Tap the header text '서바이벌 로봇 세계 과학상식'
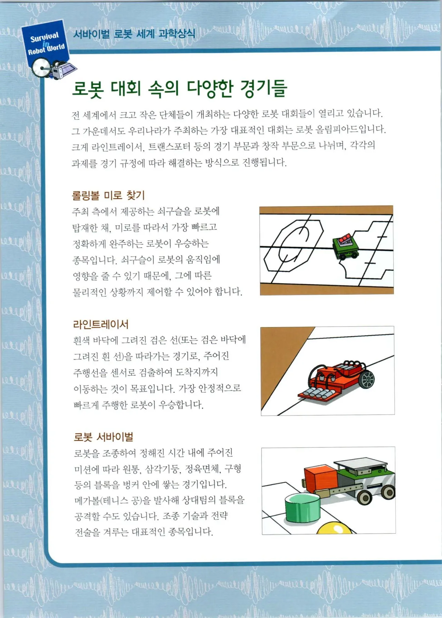click(x=134, y=34)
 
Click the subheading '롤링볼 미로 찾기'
click(x=108, y=195)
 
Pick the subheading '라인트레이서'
click(x=100, y=324)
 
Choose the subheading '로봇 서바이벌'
click(x=104, y=437)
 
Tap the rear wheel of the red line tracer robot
click(x=367, y=379)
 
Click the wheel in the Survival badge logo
click(x=41, y=68)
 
